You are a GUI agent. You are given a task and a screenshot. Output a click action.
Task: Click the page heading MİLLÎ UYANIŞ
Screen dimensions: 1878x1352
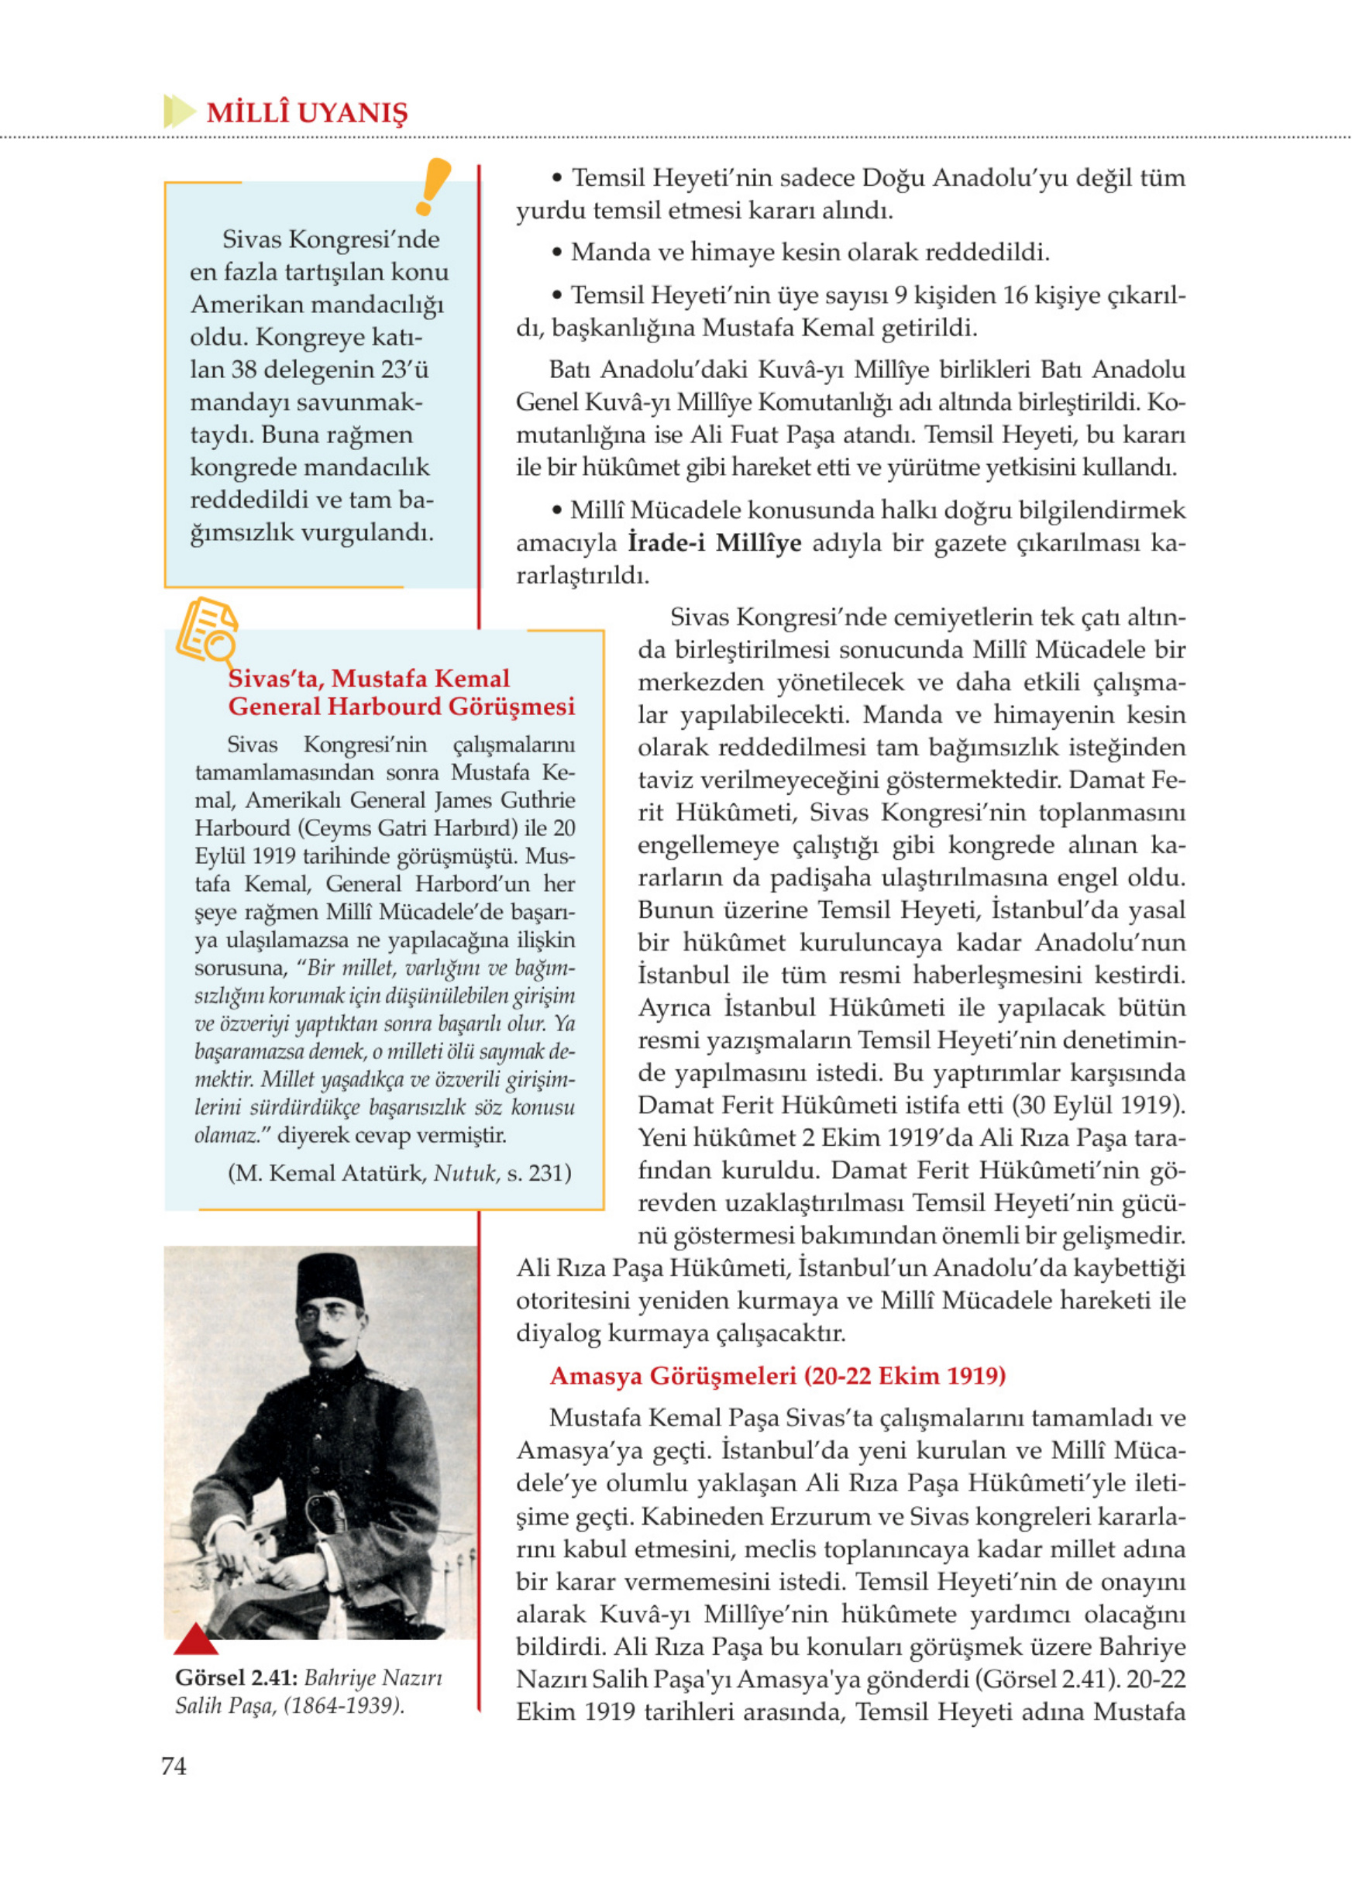click(x=306, y=112)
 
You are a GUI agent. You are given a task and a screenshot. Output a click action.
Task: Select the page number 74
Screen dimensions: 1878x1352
click(x=173, y=1766)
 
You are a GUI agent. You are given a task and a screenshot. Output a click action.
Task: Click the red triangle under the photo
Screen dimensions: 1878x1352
click(x=195, y=1639)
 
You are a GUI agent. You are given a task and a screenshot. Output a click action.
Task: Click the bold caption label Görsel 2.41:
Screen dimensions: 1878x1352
click(x=236, y=1677)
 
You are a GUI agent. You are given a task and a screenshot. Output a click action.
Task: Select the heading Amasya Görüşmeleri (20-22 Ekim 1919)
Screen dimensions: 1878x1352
click(x=776, y=1375)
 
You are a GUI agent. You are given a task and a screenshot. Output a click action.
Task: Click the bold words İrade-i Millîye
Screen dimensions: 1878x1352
click(x=714, y=542)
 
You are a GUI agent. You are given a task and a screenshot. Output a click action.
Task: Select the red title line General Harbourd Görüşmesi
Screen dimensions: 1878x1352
click(x=401, y=707)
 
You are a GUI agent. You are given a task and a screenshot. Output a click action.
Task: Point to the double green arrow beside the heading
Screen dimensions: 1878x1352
click(x=178, y=111)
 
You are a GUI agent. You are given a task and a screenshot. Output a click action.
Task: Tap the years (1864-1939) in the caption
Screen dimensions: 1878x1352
click(x=343, y=1706)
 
